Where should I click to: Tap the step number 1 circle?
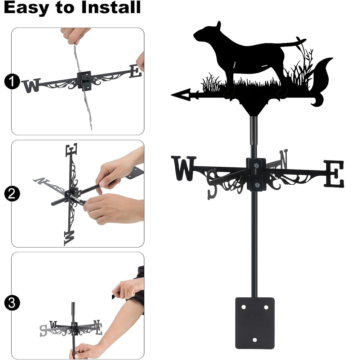(12, 81)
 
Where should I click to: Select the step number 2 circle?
(12, 194)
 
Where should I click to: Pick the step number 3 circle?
(12, 303)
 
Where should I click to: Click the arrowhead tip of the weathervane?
(171, 95)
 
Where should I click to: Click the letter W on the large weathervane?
(184, 168)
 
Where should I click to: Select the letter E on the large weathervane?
(334, 174)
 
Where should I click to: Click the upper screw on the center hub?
(256, 165)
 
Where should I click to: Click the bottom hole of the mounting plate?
(255, 340)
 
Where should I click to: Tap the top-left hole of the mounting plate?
(243, 307)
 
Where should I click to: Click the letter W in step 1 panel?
(31, 85)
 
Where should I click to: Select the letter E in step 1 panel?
(135, 71)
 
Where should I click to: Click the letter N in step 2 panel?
(41, 181)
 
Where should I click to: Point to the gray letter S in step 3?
(43, 330)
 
